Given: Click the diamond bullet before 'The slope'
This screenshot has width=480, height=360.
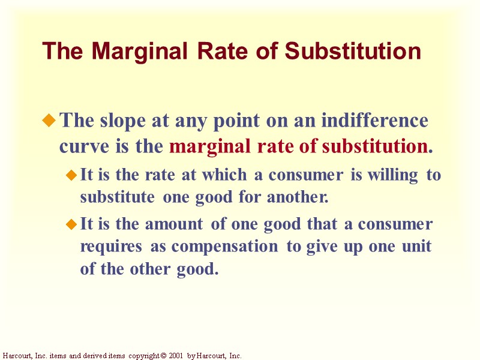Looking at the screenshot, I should pos(50,122).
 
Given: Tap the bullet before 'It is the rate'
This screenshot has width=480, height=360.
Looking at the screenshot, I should pos(71,176).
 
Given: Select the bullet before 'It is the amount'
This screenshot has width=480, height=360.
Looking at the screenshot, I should pos(71,226).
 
